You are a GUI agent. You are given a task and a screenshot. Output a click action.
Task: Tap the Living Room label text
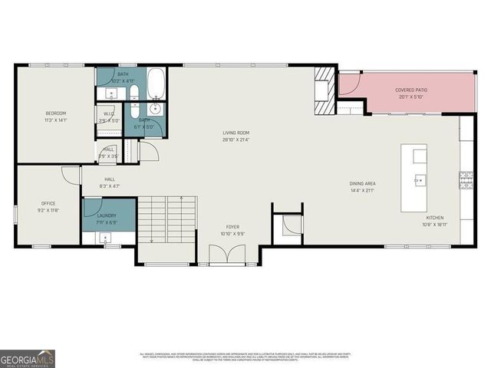(x=236, y=136)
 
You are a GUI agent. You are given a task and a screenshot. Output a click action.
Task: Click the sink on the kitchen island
(x=420, y=181)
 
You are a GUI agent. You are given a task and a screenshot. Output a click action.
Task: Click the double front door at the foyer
(x=228, y=253)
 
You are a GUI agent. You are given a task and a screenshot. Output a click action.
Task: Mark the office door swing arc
(x=71, y=175)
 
